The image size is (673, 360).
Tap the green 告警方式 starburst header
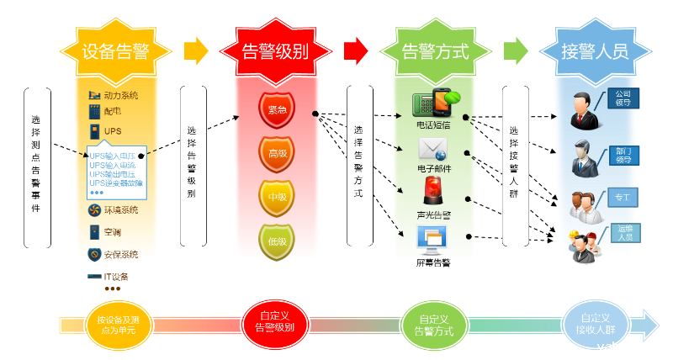[434, 50]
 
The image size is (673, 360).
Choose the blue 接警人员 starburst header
[595, 50]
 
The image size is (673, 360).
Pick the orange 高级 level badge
[277, 153]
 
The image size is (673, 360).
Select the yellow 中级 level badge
[277, 198]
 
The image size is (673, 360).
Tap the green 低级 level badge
[277, 241]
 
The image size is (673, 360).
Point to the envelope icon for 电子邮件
[433, 150]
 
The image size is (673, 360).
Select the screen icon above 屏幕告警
[433, 241]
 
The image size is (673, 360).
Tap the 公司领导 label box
[623, 98]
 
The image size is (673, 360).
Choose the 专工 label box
[623, 199]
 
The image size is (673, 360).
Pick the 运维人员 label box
[624, 233]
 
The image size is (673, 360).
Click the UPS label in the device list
[113, 131]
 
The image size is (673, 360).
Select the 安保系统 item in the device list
[121, 254]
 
